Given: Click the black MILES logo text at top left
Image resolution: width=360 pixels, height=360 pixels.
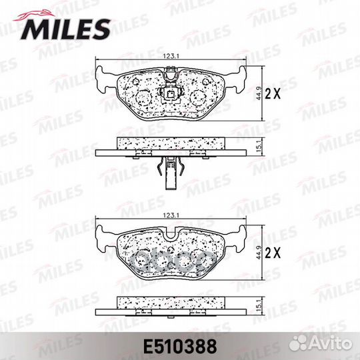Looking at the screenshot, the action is pyautogui.click(x=66, y=29).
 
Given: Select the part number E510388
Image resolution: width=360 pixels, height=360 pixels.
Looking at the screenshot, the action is pyautogui.click(x=180, y=347).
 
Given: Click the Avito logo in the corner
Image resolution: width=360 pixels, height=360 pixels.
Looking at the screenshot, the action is pyautogui.click(x=321, y=344).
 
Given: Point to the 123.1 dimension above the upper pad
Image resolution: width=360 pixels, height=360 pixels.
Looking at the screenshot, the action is pyautogui.click(x=171, y=56).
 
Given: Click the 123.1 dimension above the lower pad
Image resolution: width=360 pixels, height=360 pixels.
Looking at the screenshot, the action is pyautogui.click(x=171, y=215).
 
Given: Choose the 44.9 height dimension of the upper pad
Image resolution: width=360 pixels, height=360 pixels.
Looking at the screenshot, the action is pyautogui.click(x=259, y=93).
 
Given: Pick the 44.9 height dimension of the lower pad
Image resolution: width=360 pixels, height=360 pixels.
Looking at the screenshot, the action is pyautogui.click(x=259, y=253).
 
